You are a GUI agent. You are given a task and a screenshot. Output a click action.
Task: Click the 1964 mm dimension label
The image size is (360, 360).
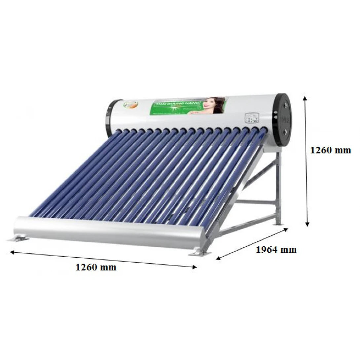click(276, 250)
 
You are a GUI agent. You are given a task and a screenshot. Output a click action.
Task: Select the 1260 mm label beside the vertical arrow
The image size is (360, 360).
click(331, 150)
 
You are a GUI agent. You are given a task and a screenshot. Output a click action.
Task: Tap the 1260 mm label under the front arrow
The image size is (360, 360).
click(96, 267)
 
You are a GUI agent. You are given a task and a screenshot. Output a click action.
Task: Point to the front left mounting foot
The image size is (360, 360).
click(18, 238)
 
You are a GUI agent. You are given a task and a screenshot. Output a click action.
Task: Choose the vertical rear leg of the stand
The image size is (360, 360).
click(278, 188)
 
